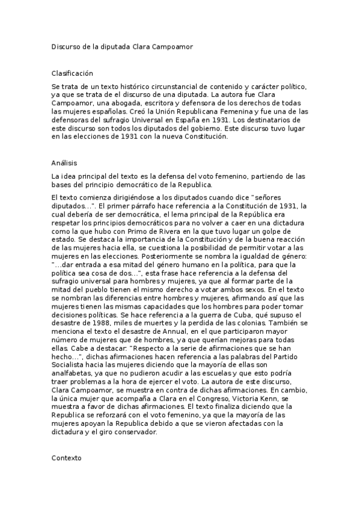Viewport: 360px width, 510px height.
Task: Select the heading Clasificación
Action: (73, 73)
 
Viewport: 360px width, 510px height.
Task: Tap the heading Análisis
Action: (64, 163)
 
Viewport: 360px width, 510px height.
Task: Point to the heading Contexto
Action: (67, 458)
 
